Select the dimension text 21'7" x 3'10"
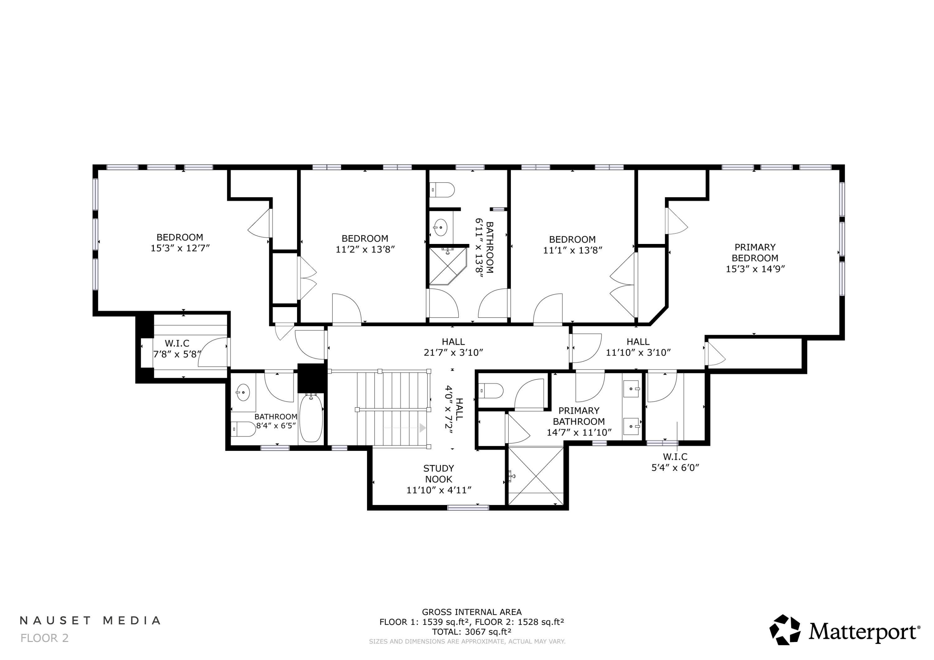pos(453,353)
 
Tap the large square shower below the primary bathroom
pos(536,475)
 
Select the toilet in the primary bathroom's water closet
pos(491,391)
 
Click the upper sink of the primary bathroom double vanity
pos(631,389)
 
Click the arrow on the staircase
pos(422,428)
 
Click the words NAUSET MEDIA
pos(90,620)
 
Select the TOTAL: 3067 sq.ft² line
pos(471,632)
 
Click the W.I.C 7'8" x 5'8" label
pos(177,349)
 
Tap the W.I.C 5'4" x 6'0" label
pos(675,462)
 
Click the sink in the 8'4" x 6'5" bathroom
pos(243,392)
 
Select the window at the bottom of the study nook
pos(468,507)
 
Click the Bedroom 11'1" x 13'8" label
pos(572,245)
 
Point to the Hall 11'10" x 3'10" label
pos(638,347)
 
